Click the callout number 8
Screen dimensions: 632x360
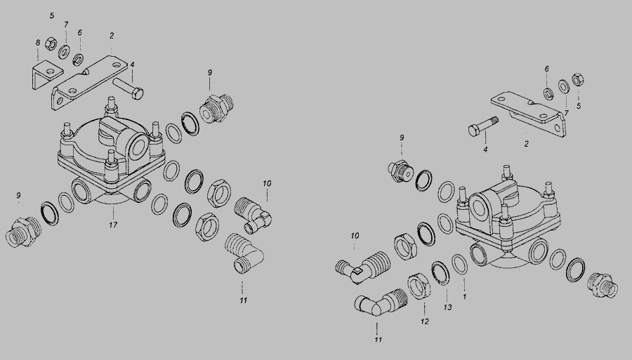click(x=38, y=42)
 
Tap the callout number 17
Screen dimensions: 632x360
click(x=113, y=225)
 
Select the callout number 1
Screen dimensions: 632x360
click(x=464, y=297)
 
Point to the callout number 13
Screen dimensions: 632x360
click(x=448, y=307)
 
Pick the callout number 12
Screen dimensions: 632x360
click(x=424, y=321)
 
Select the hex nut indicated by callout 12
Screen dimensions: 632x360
click(x=419, y=286)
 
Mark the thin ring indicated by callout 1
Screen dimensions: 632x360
click(x=459, y=265)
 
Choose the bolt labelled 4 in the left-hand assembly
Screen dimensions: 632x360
click(x=128, y=88)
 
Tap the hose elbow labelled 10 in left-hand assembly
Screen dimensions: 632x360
click(x=253, y=214)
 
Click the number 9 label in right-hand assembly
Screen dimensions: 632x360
click(x=402, y=138)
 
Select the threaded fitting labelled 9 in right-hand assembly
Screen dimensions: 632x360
click(x=401, y=171)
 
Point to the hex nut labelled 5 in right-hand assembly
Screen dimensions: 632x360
click(x=578, y=80)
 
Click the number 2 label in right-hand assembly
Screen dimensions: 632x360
click(x=526, y=144)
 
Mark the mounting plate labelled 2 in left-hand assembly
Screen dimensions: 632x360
click(x=89, y=83)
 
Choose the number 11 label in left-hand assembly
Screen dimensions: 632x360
click(x=243, y=300)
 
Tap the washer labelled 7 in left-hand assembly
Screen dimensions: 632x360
click(x=64, y=52)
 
